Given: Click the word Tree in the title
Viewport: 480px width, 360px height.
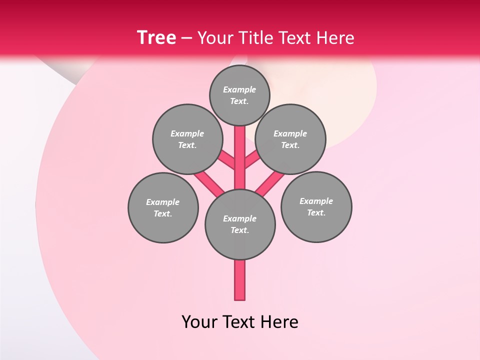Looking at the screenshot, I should (156, 38).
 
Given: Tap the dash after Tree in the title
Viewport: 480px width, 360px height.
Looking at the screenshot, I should (186, 38).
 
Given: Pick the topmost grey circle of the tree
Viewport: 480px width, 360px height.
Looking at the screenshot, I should (239, 95).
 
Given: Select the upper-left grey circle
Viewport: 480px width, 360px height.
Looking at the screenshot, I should (187, 139).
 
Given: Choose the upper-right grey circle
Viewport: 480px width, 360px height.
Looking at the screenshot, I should (290, 139).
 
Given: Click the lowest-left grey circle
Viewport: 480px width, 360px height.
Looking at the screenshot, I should (163, 207).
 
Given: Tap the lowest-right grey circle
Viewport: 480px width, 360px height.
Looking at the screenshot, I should (316, 206).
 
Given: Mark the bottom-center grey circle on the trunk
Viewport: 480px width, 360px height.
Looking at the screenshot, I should (240, 224).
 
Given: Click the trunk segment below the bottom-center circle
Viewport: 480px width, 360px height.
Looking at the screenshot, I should (240, 280).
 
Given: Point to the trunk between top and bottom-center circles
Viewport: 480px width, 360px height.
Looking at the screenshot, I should (240, 157).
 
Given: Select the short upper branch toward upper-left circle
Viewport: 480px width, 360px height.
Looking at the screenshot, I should (227, 160).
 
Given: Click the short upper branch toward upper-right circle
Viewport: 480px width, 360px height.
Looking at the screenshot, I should (252, 160).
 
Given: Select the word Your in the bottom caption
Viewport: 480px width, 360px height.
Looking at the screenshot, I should (198, 322).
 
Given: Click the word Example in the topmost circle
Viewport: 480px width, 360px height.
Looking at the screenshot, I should (239, 89).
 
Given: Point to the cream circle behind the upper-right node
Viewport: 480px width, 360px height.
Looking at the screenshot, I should (350, 100).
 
